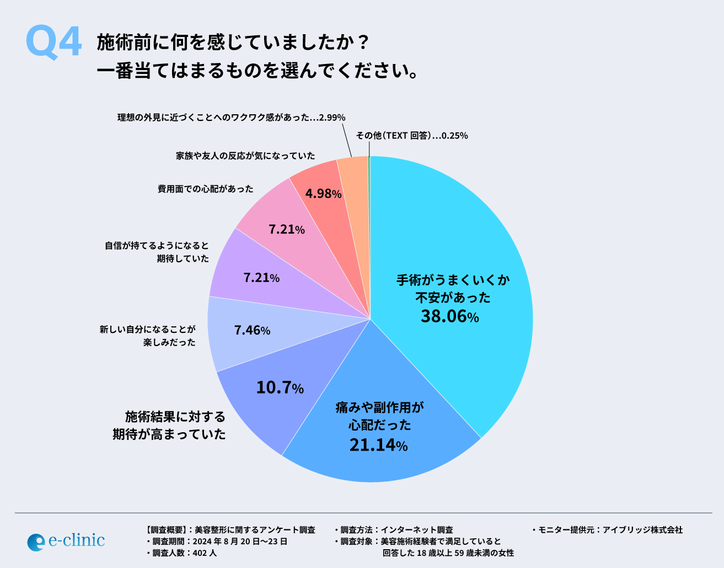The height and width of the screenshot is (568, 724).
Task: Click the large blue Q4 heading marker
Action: (53, 43)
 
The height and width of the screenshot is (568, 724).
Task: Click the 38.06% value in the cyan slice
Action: (449, 316)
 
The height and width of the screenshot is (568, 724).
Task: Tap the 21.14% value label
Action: (378, 444)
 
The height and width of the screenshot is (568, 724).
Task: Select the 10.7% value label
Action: (280, 387)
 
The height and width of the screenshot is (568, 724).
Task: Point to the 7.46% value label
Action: (252, 330)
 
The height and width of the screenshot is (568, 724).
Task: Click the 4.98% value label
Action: (323, 194)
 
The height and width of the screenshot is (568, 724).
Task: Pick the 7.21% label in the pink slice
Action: (286, 229)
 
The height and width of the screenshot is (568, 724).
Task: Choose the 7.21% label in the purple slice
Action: (261, 277)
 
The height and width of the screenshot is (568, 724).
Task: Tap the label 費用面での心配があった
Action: (206, 189)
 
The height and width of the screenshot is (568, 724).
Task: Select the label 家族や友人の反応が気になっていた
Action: (245, 156)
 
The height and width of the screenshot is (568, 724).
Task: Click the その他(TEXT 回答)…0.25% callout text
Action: (411, 135)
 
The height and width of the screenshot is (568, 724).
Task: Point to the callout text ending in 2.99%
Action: (231, 117)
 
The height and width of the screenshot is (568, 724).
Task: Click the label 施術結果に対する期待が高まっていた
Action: (170, 425)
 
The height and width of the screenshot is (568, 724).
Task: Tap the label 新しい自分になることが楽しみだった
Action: (148, 336)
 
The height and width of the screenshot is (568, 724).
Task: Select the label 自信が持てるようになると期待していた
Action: (157, 252)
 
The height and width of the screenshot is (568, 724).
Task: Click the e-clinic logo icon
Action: (36, 542)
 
